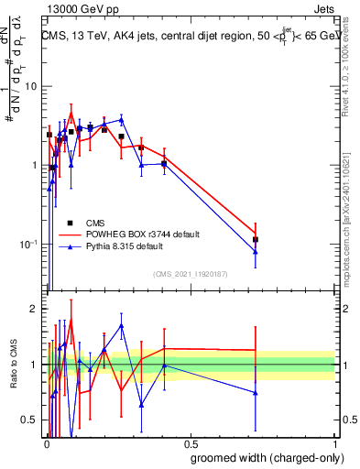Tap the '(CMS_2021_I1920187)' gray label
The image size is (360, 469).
point(190,273)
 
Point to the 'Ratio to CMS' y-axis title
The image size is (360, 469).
point(14,365)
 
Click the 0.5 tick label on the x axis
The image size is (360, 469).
point(190,442)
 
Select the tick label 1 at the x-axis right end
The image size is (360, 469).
point(334,442)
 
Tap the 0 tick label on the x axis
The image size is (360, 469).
point(46,442)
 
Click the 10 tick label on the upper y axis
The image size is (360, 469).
point(30,86)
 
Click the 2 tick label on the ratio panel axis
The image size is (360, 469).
point(34,309)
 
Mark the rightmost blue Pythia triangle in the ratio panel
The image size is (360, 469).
point(256,393)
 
